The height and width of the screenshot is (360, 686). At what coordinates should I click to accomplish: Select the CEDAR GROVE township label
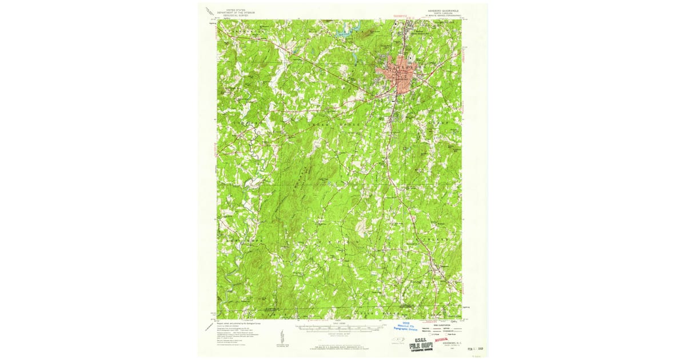(337, 123)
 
